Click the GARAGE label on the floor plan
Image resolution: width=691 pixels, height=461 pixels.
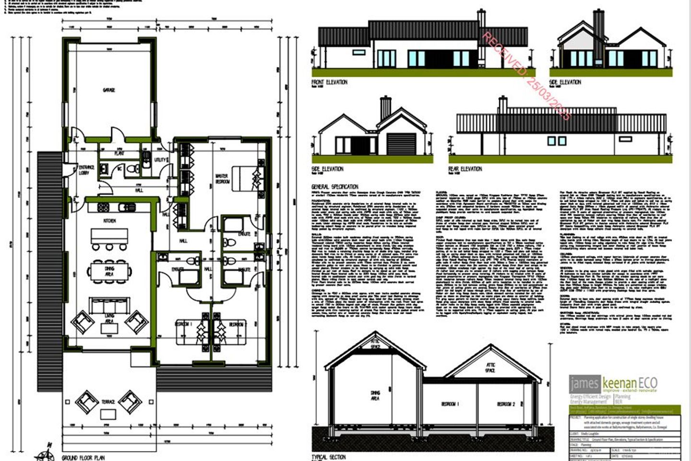(x=108, y=90)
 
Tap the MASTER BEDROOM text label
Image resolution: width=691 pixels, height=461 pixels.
(x=222, y=179)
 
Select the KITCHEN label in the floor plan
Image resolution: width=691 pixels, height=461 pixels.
(x=109, y=220)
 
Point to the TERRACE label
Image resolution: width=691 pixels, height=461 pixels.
(x=108, y=401)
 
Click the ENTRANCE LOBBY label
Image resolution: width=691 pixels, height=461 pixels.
(x=86, y=170)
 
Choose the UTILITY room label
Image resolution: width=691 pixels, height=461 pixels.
(x=160, y=159)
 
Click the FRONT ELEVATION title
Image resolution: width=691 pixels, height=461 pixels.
(x=329, y=83)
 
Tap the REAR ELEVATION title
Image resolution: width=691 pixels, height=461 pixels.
(x=465, y=169)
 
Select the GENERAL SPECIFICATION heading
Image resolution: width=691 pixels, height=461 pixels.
(x=334, y=186)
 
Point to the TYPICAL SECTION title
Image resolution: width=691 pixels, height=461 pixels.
(x=329, y=457)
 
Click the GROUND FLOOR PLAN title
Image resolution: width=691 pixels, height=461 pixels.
(x=83, y=458)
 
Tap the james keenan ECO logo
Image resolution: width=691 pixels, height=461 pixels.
(x=613, y=384)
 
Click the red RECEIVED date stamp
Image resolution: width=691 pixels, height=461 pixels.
(x=526, y=76)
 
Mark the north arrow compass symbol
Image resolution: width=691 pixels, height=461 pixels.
(x=47, y=454)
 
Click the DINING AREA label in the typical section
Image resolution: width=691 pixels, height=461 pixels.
(x=375, y=395)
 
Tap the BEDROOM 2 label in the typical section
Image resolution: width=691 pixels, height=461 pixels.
(x=506, y=404)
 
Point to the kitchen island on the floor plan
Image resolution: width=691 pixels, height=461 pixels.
(x=109, y=236)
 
